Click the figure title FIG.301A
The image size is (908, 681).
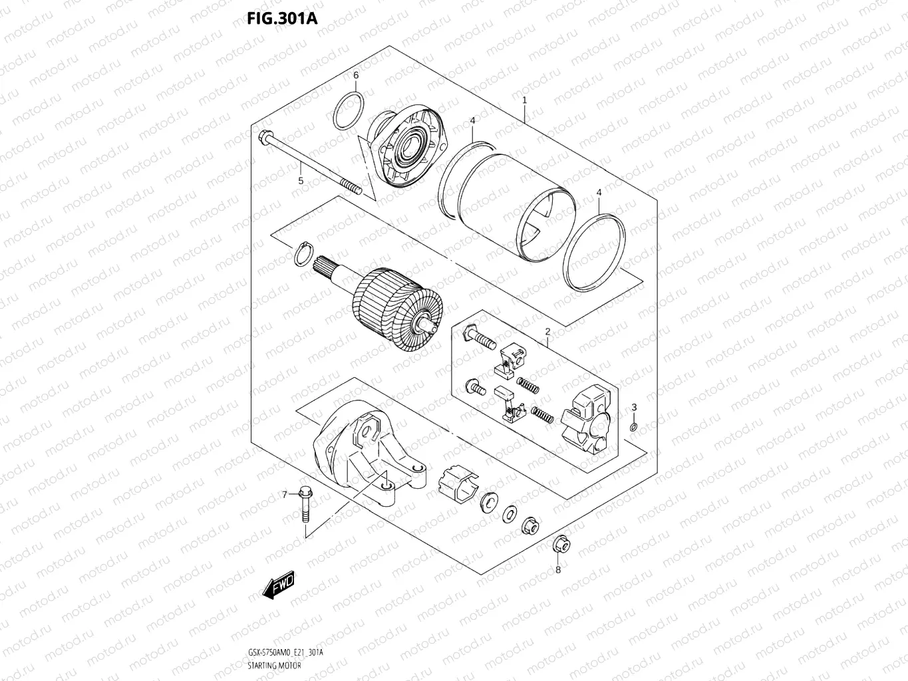[x=283, y=18]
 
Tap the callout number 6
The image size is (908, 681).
[x=356, y=75]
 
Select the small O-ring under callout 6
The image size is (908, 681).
[x=349, y=111]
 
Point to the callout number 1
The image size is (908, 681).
[x=525, y=100]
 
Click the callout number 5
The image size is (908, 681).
[x=300, y=180]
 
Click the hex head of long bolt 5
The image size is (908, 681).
[x=264, y=136]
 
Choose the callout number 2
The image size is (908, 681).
[x=547, y=331]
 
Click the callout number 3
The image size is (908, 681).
[x=634, y=407]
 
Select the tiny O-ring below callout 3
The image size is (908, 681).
[x=634, y=426]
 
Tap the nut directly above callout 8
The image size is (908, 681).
[x=560, y=545]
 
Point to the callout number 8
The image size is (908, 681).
[x=558, y=569]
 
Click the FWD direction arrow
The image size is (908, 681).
[x=279, y=585]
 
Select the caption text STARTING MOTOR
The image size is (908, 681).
[x=274, y=666]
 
